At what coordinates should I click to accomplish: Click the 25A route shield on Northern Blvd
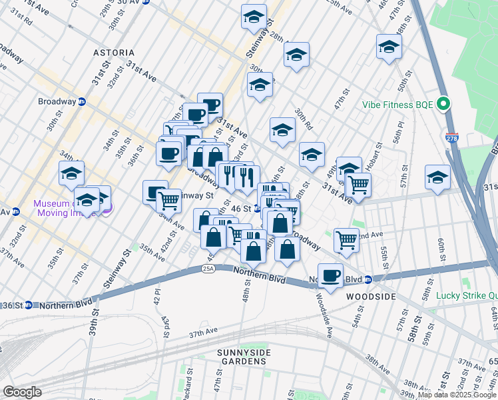click(208, 269)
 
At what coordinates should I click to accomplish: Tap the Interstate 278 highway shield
click(452, 139)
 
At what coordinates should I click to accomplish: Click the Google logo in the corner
click(22, 392)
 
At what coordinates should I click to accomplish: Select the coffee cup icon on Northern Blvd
click(330, 275)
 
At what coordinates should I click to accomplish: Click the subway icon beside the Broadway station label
click(82, 101)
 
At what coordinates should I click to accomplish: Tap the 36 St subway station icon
click(28, 305)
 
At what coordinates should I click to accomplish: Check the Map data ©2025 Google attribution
click(457, 395)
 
